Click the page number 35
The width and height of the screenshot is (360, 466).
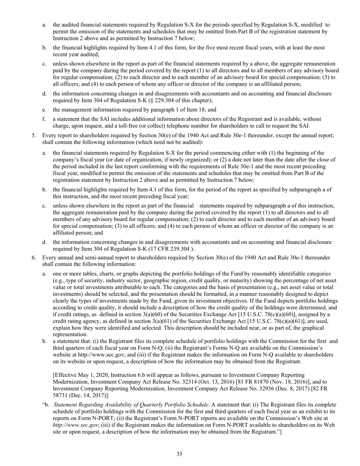pos(180,455)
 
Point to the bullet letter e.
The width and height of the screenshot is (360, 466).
pos(44,109)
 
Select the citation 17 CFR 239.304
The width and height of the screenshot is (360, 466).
pos(170,249)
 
